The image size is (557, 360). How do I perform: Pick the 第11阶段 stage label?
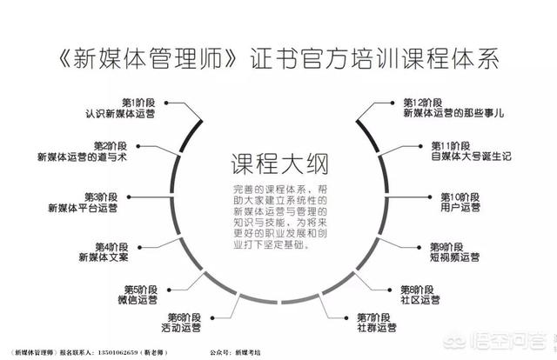pyautogui.click(x=453, y=146)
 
